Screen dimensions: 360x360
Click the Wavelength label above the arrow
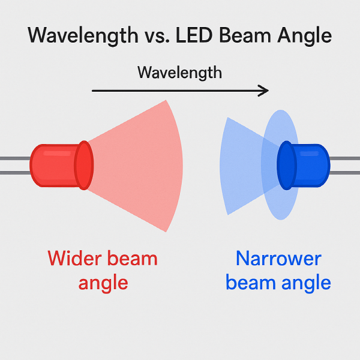pyautogui.click(x=179, y=73)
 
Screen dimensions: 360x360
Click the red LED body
pyautogui.click(x=54, y=165)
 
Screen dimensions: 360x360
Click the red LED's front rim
pyautogui.click(x=84, y=165)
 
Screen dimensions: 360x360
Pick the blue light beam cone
pyautogui.click(x=240, y=165)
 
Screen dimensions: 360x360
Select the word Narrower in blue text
pyautogui.click(x=278, y=259)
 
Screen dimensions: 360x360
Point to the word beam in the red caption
pyautogui.click(x=130, y=259)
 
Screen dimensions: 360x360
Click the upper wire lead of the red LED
pyautogui.click(x=15, y=158)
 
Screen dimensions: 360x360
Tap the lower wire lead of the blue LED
pyautogui.click(x=345, y=173)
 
